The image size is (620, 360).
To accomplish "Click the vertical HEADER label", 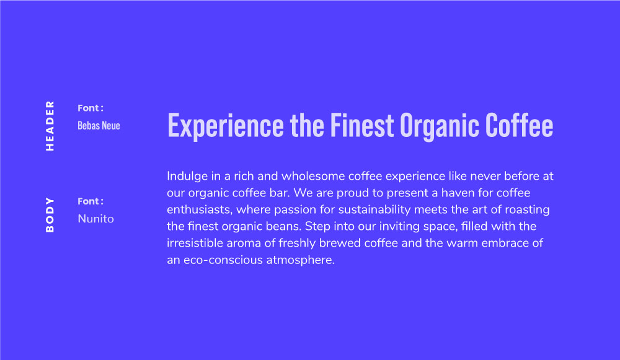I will click(50, 126).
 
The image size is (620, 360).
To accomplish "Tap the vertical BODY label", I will click(50, 215).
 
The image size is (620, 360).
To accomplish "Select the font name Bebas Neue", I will click(99, 126).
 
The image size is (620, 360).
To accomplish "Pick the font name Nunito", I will click(95, 219).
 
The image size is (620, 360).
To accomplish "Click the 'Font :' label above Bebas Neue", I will click(91, 108).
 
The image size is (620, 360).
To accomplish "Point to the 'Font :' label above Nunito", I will click(91, 201).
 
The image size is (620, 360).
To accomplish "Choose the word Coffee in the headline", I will click(520, 126).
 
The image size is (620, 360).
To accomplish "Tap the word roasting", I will click(526, 209).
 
